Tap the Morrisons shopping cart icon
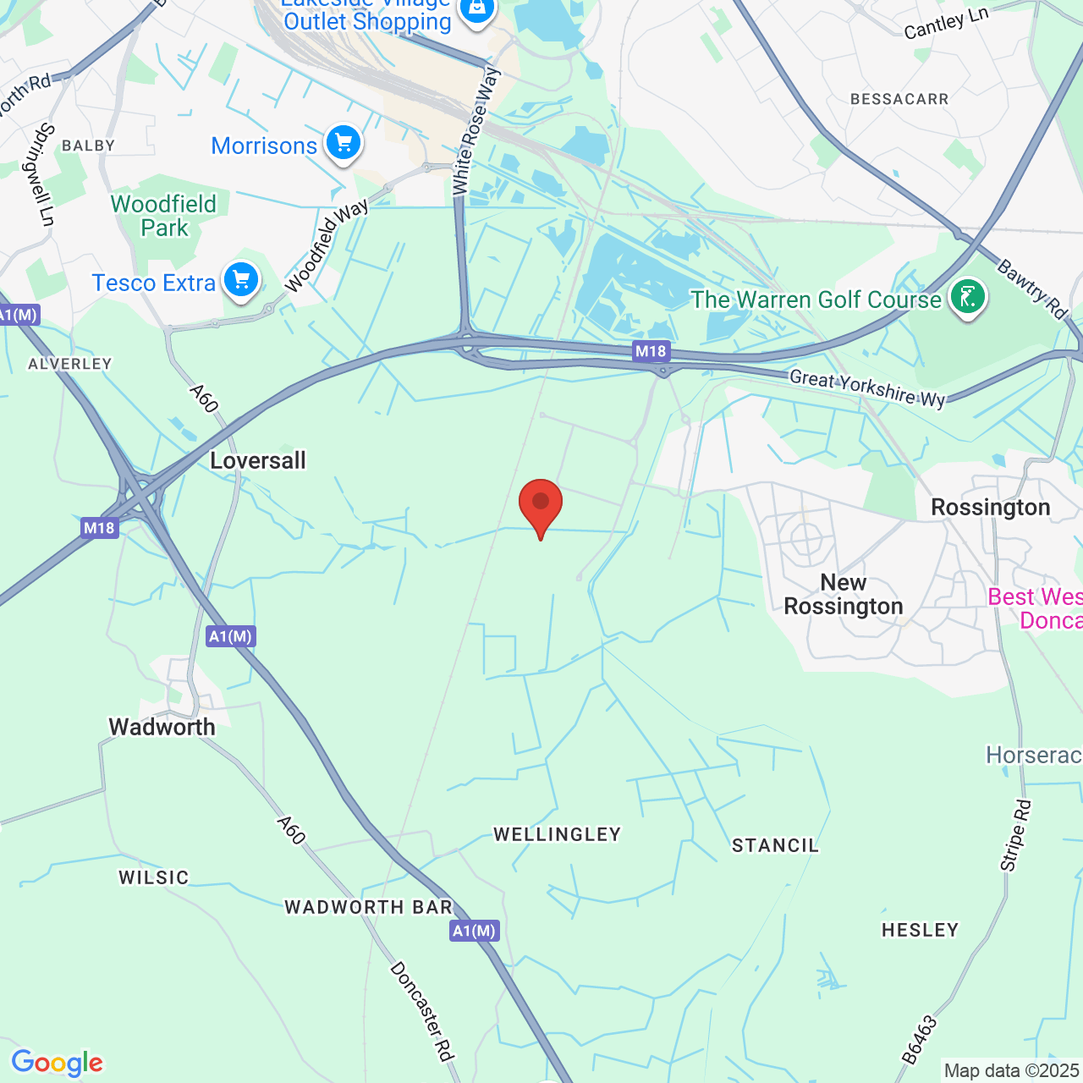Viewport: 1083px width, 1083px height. point(343,143)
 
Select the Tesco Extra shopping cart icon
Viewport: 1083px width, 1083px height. point(241,279)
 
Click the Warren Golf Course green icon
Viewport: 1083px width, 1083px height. point(967,297)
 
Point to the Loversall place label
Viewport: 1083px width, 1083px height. point(258,461)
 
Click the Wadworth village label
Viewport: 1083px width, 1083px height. point(162,727)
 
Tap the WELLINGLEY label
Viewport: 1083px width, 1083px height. point(558,834)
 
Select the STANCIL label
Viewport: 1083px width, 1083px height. point(775,845)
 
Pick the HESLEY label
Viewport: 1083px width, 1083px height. point(920,930)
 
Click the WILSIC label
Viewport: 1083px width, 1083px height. point(153,877)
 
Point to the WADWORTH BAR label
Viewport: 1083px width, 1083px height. point(369,907)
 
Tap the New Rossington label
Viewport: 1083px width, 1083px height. point(844,594)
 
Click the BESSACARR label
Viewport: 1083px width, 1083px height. point(899,99)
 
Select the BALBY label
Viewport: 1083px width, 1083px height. point(88,146)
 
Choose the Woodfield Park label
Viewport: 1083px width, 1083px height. point(164,216)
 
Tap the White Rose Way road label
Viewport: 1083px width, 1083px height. point(476,132)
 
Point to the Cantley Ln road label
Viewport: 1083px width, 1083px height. point(946,24)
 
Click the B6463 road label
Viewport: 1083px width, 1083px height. point(920,1039)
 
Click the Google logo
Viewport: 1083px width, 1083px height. point(57,1063)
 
